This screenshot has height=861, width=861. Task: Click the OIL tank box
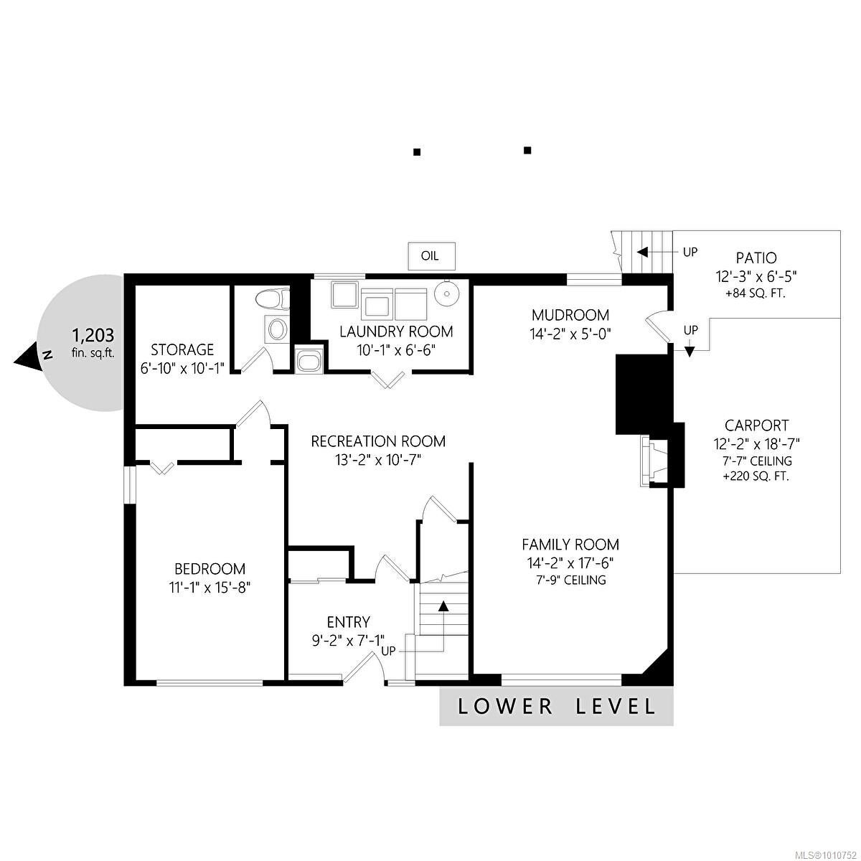pos(432,256)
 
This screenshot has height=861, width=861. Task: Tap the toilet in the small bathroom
pos(273,298)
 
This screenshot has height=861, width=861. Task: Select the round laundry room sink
pos(445,293)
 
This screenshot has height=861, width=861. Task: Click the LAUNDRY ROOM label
pos(396,331)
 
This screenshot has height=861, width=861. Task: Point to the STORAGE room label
pos(182,349)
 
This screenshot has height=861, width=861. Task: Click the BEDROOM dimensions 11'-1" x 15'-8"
pos(210,587)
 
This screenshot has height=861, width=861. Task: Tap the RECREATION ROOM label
pos(378,441)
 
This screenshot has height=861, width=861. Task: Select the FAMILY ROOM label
pos(570,544)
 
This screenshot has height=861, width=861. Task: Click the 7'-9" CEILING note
pos(570,580)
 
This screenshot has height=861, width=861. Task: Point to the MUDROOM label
pos(570,315)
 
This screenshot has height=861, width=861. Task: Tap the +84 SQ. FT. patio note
pos(756,294)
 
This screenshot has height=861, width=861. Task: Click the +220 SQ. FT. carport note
pos(756,476)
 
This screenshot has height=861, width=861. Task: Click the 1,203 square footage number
pos(93,334)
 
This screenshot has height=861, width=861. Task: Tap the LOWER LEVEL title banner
pos(556,707)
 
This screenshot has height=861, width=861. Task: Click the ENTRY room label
pos(349,621)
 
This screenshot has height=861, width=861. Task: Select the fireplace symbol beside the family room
pos(654,461)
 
